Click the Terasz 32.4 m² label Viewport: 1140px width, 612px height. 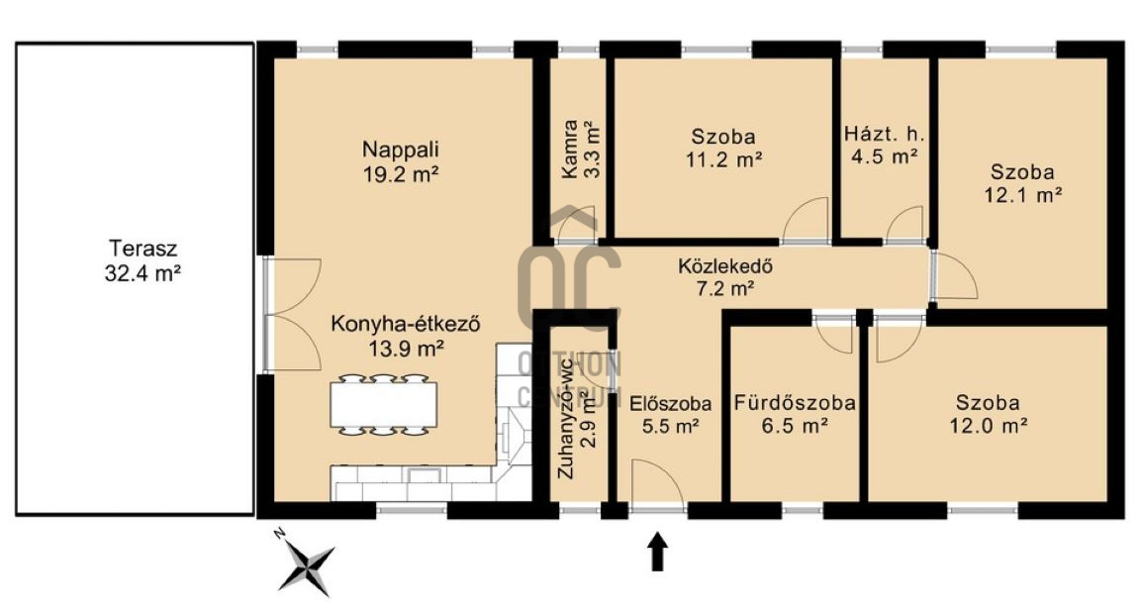[x=142, y=260]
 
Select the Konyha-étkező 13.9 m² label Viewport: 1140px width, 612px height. [x=406, y=336]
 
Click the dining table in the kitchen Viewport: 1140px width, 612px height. [x=384, y=405]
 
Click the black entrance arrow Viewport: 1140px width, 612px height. [x=658, y=551]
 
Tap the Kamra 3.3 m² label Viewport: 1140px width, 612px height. [x=581, y=150]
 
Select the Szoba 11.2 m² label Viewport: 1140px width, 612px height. [x=723, y=148]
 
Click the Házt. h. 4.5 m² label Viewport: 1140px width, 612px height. [x=884, y=145]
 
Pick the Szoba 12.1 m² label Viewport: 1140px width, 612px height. [x=1023, y=183]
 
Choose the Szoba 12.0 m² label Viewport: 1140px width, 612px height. [x=988, y=414]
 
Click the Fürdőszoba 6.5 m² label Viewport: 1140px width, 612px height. [x=795, y=414]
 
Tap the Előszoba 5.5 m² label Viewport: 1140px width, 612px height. [x=670, y=414]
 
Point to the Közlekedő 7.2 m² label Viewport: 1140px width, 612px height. [x=724, y=277]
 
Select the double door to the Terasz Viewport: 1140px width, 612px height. [x=292, y=314]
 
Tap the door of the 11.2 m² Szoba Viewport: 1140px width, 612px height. [x=805, y=221]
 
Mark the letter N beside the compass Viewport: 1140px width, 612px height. [x=278, y=534]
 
